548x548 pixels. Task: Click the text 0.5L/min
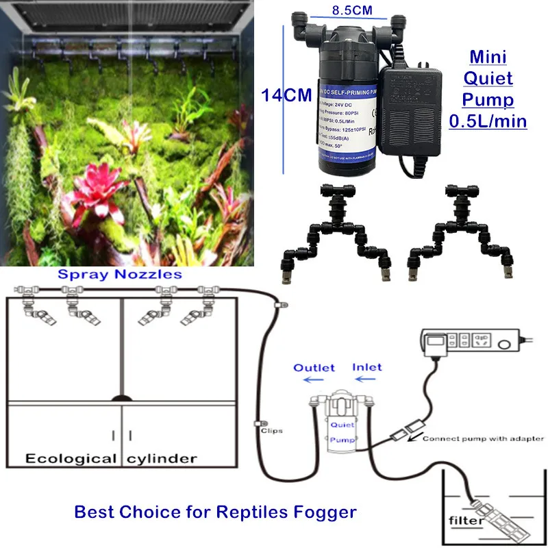tap(487, 121)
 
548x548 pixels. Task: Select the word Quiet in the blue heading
tap(487, 78)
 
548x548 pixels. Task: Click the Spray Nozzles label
tap(120, 275)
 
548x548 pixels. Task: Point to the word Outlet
tap(314, 368)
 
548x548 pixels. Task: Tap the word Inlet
tap(367, 368)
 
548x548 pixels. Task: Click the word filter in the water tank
tap(466, 521)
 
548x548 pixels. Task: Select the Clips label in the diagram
tap(272, 431)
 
